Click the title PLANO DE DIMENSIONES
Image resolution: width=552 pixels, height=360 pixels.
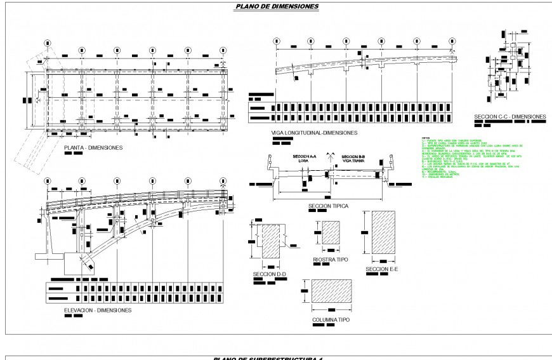pos(277,7)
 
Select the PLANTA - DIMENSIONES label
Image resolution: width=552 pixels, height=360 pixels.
pos(93,147)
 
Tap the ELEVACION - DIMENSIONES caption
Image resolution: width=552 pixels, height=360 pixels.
pos(98,310)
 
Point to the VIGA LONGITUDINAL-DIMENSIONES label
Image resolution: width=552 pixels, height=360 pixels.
pos(314,133)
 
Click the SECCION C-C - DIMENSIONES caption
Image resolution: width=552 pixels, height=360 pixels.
pos(509,117)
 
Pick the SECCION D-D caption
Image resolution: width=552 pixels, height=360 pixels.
pos(269,274)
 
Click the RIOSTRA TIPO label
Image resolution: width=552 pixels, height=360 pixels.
pos(331,259)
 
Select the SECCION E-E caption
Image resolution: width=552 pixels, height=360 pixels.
pos(381,269)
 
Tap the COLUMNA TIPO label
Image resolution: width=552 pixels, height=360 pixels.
pos(331,319)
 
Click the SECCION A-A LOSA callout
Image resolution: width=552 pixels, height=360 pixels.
pos(303,158)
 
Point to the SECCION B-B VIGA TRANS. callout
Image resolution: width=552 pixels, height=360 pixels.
pos(353,158)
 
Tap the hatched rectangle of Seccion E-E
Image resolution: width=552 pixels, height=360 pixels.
pos(383,234)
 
